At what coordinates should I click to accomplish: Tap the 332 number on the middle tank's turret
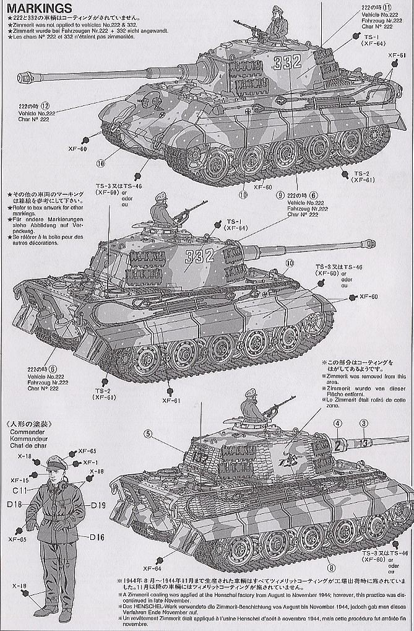pyautogui.click(x=201, y=254)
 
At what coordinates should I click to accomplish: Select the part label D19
pyautogui.click(x=98, y=505)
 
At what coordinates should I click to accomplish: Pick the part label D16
pyautogui.click(x=97, y=536)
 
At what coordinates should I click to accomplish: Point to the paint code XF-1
pyautogui.click(x=90, y=463)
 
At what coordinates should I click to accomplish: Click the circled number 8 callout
pyautogui.click(x=332, y=567)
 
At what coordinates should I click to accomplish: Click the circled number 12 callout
pyautogui.click(x=63, y=105)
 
